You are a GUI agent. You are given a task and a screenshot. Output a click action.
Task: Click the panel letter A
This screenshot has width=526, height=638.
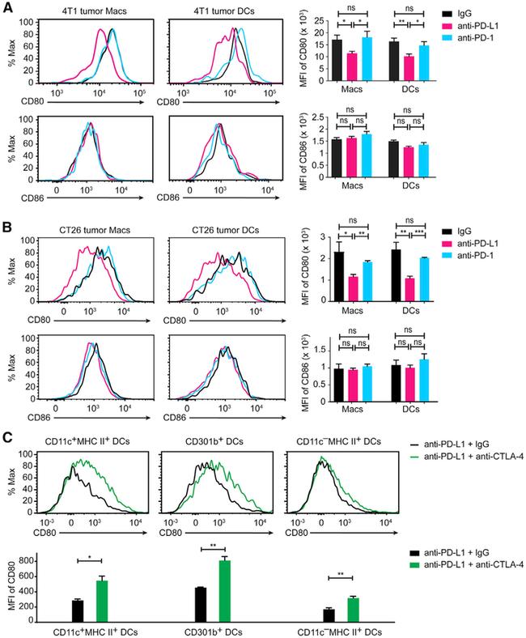point(8,8)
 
